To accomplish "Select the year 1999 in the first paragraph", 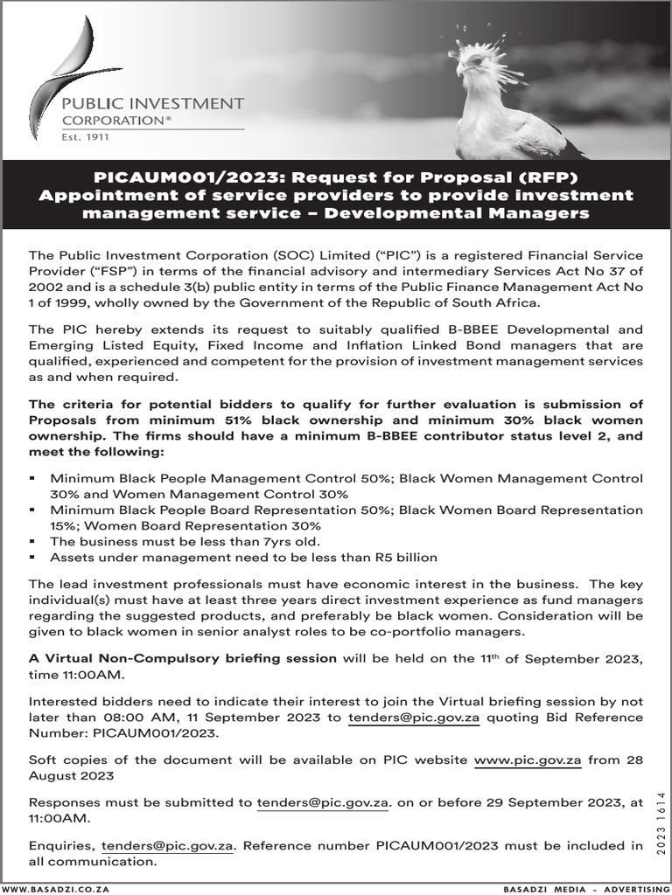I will click(70, 302).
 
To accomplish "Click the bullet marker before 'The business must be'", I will click(32, 542).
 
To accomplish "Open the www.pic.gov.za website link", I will click(528, 760).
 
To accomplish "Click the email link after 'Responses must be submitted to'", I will click(321, 802).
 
